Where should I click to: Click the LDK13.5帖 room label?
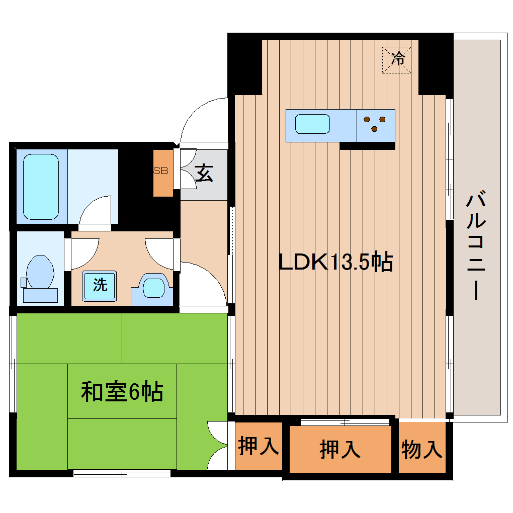335,262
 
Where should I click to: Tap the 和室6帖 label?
122,391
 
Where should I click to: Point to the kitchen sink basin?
312,124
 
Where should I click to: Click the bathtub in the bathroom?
41,186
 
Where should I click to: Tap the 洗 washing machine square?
100,285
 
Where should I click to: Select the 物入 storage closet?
422,449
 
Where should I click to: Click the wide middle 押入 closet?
340,449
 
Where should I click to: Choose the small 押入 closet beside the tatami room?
258,447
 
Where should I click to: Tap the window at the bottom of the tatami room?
122,473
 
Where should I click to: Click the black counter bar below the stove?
367,146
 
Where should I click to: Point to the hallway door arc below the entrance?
204,284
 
